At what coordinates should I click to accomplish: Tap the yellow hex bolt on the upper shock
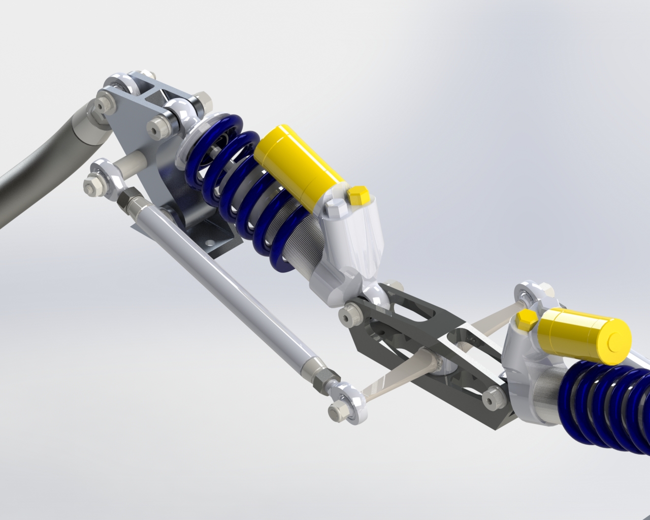359,196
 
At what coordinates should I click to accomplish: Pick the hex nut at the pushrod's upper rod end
92,183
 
